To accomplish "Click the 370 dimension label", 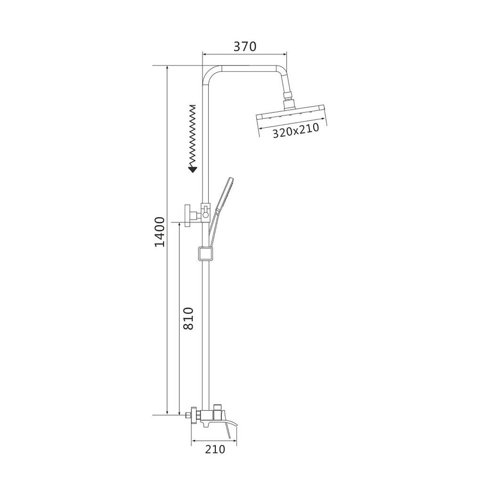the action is click(245, 47).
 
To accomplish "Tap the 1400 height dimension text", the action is click(159, 232).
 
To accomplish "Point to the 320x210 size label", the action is click(296, 131).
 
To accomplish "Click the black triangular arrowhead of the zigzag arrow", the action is click(193, 170).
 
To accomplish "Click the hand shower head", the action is click(224, 194).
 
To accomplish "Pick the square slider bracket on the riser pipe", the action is click(206, 254).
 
